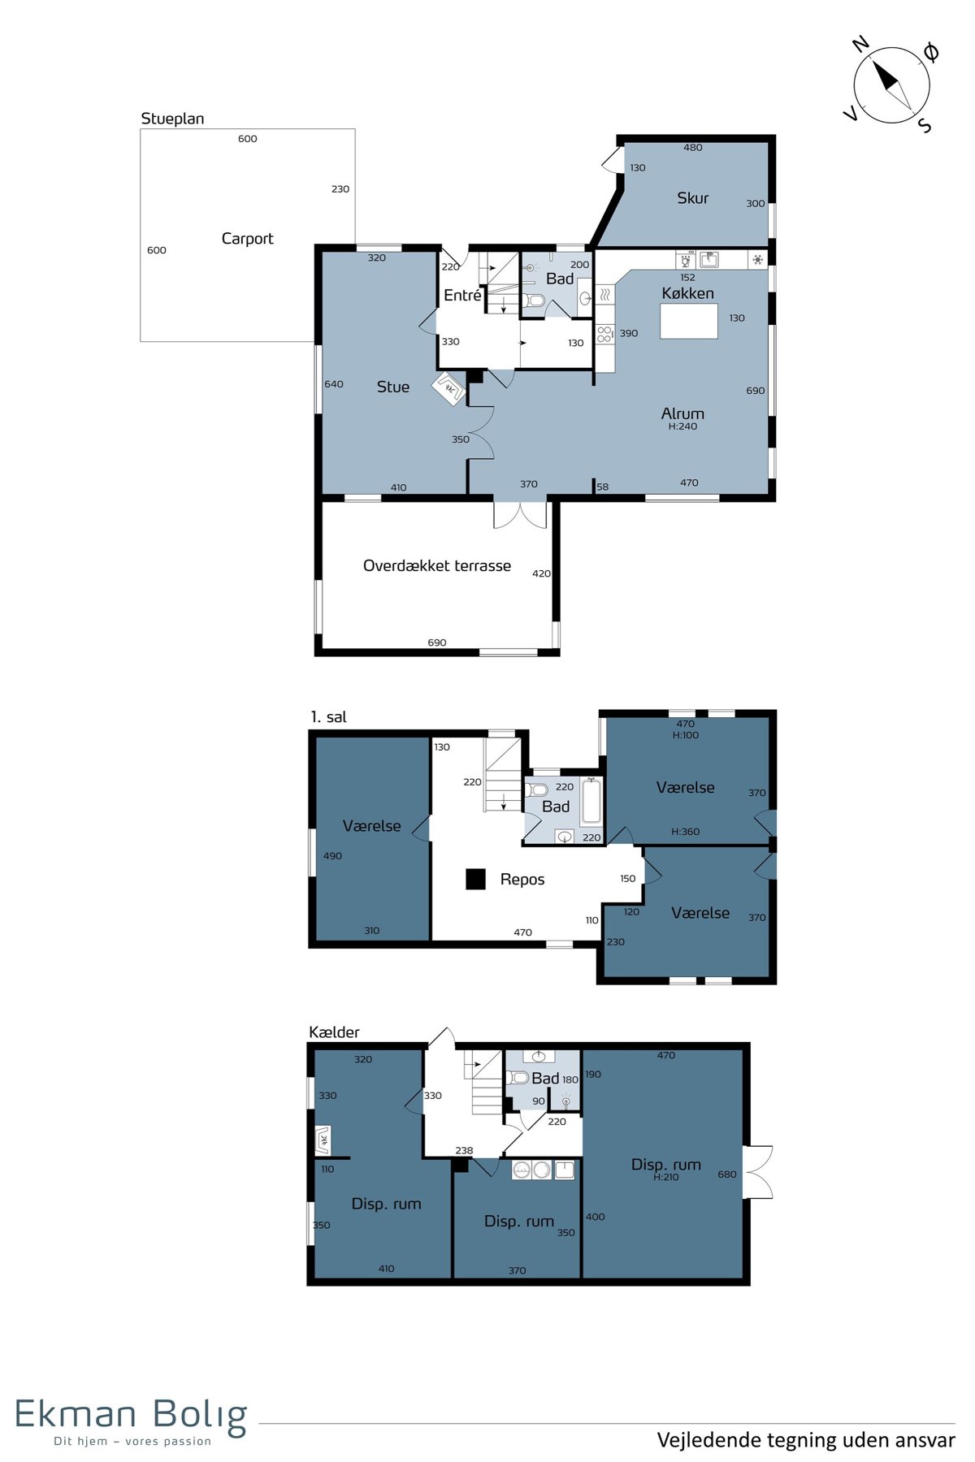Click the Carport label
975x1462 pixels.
[247, 239]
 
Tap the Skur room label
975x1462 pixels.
[692, 198]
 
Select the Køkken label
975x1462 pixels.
[687, 293]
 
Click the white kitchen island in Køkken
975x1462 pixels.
[689, 321]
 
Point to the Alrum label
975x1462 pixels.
[682, 413]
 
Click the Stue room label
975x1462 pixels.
[393, 387]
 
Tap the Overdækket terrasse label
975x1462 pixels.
[437, 566]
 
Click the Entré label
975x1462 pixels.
[462, 296]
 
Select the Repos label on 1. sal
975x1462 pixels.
[522, 880]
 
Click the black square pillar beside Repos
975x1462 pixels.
[475, 879]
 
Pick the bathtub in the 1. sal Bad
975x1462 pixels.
[591, 802]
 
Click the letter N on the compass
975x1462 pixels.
[860, 44]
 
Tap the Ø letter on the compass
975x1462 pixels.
[931, 53]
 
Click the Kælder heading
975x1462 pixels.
[334, 1032]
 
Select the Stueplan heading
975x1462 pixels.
[172, 119]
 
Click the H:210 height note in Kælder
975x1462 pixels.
[666, 1177]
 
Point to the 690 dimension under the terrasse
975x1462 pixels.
[437, 642]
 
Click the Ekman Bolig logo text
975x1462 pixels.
[131, 1417]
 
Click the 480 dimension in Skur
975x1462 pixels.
[693, 148]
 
